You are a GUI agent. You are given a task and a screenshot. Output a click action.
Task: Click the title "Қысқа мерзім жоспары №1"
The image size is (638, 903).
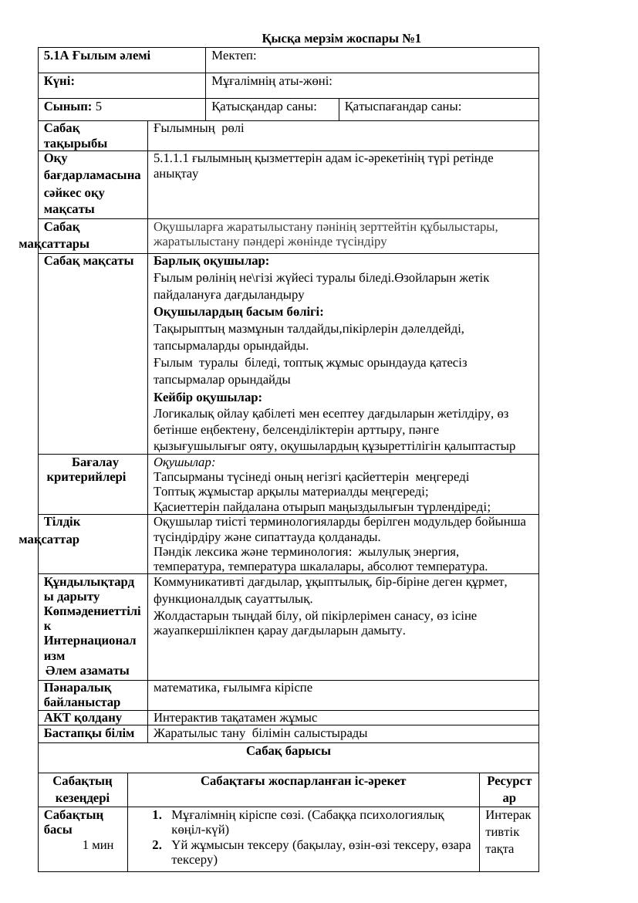[341, 39]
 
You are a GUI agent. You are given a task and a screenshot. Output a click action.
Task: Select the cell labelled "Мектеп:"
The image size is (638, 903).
[234, 56]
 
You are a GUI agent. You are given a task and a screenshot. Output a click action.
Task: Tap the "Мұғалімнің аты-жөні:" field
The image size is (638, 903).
[272, 81]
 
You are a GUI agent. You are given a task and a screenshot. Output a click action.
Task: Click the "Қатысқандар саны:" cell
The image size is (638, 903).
[264, 107]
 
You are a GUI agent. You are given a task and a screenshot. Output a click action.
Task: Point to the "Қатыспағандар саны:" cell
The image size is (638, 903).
[403, 107]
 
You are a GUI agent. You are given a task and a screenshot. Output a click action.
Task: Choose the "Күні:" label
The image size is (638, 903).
[59, 81]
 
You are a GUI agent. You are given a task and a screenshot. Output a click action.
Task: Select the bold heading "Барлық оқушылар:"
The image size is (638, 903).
[211, 261]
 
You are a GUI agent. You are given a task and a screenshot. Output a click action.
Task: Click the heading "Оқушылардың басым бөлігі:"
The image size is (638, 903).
[238, 312]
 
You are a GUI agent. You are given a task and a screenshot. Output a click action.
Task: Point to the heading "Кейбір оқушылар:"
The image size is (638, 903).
[208, 397]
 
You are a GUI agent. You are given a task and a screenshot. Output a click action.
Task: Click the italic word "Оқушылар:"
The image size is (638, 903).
[184, 462]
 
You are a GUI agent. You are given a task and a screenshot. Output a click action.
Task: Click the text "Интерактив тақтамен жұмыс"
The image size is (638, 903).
[235, 718]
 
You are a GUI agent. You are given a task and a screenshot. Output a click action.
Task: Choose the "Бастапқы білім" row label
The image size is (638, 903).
[89, 733]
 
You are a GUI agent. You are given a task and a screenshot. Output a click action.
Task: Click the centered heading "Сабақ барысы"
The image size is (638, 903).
[289, 750]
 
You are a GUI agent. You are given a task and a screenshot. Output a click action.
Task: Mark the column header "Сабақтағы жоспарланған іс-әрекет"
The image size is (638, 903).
[303, 781]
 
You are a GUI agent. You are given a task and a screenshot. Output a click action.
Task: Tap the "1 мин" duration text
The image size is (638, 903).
[98, 845]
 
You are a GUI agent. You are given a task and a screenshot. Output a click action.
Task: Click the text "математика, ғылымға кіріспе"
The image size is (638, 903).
[233, 687]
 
